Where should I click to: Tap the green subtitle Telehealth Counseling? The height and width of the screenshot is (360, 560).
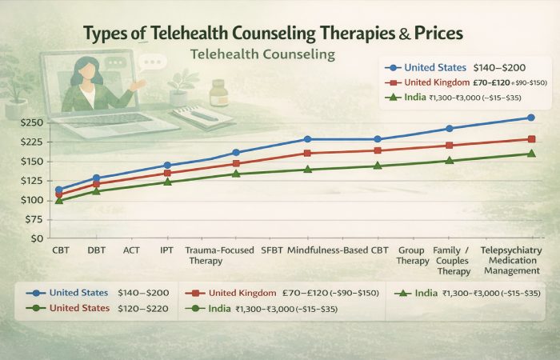(x=264, y=56)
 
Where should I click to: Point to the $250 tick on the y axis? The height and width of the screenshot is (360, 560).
(x=32, y=122)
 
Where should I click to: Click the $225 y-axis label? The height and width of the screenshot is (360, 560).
(x=32, y=142)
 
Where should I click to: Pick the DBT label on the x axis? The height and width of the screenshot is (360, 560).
(x=97, y=250)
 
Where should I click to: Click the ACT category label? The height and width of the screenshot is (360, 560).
(x=132, y=250)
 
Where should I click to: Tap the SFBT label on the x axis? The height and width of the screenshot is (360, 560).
(x=273, y=250)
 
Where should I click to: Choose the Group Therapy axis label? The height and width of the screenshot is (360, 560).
(x=412, y=255)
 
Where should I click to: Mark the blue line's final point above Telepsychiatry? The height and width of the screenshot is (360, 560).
(x=531, y=118)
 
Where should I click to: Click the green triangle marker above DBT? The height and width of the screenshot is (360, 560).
(x=97, y=190)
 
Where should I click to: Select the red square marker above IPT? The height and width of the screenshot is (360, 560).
(x=167, y=173)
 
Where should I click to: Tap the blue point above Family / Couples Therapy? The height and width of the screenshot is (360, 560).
(x=449, y=129)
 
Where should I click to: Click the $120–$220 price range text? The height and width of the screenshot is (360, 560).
(x=146, y=307)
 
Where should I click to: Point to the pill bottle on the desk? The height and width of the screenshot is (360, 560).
(x=218, y=92)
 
